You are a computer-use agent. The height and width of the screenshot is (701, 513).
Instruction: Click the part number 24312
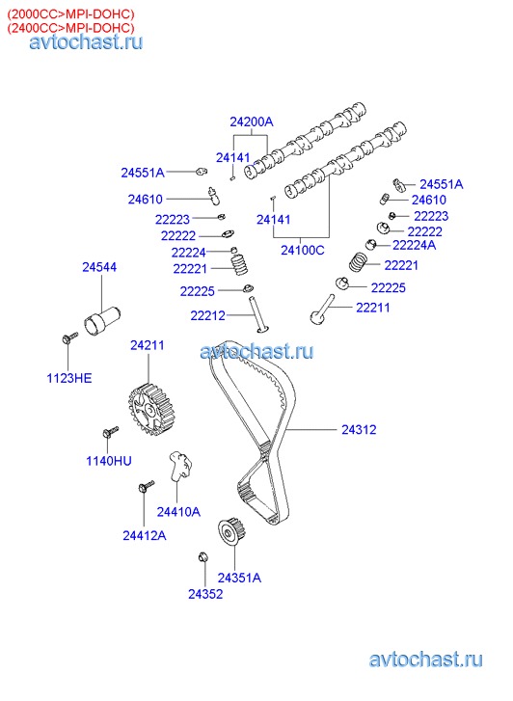(359, 430)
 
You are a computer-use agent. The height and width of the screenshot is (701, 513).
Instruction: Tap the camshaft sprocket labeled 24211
(150, 408)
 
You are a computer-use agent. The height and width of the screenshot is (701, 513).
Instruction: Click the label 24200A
(252, 121)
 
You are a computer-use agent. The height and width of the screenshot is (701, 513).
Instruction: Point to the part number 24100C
(303, 250)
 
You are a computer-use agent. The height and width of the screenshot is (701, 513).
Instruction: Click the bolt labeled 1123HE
(69, 338)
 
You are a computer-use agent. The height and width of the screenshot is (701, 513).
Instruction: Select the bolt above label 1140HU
(111, 431)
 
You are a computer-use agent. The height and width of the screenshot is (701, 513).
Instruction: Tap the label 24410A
(178, 512)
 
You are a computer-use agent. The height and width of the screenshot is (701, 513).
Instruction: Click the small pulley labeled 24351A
(232, 531)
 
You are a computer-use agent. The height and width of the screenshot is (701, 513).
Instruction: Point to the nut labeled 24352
(202, 557)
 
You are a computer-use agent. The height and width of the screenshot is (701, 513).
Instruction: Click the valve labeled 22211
(322, 310)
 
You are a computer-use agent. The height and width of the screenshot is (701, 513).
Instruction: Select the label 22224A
(414, 245)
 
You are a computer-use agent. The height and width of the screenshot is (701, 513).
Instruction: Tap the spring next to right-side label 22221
(359, 261)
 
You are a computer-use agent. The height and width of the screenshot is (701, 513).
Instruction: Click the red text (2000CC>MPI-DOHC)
(70, 13)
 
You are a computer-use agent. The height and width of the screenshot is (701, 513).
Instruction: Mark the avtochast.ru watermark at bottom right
(425, 660)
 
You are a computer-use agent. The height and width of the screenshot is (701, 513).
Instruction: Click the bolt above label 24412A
(147, 486)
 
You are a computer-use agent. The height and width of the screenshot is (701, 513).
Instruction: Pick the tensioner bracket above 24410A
(179, 465)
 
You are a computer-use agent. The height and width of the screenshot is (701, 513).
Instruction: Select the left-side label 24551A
(143, 173)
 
